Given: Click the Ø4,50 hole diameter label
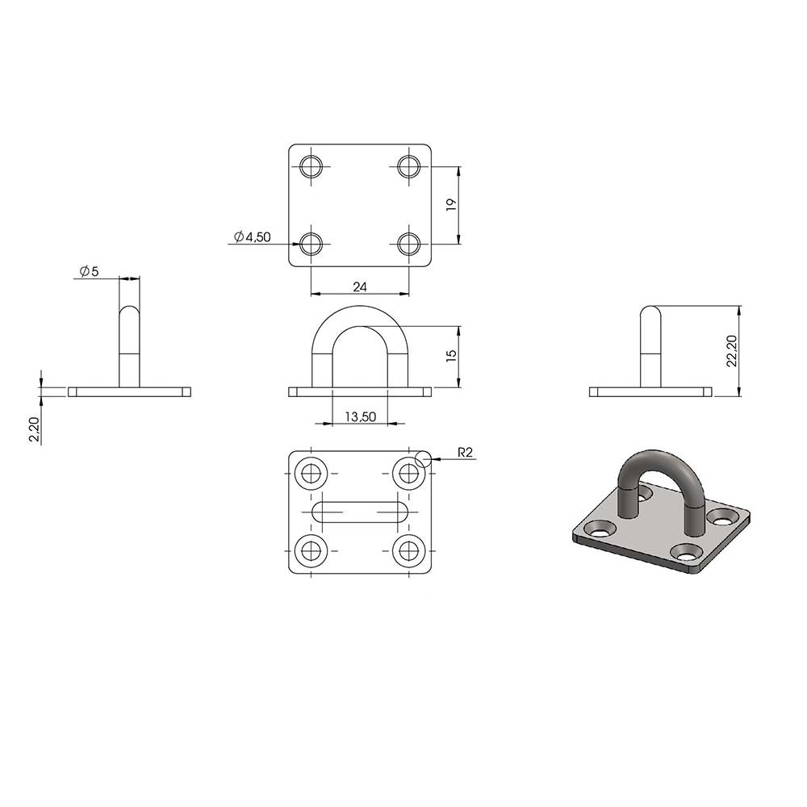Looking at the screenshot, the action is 252,236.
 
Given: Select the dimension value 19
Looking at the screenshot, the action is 451,205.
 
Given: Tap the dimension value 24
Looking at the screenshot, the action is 360,287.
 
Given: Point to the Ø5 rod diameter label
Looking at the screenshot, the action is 90,270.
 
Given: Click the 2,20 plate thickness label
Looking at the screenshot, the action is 34,429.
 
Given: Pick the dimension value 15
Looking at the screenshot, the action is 451,356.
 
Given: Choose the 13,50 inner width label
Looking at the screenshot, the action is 360,416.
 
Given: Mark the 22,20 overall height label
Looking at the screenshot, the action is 731,351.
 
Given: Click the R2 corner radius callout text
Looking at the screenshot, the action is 465,453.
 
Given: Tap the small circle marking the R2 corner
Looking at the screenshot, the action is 423,458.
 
